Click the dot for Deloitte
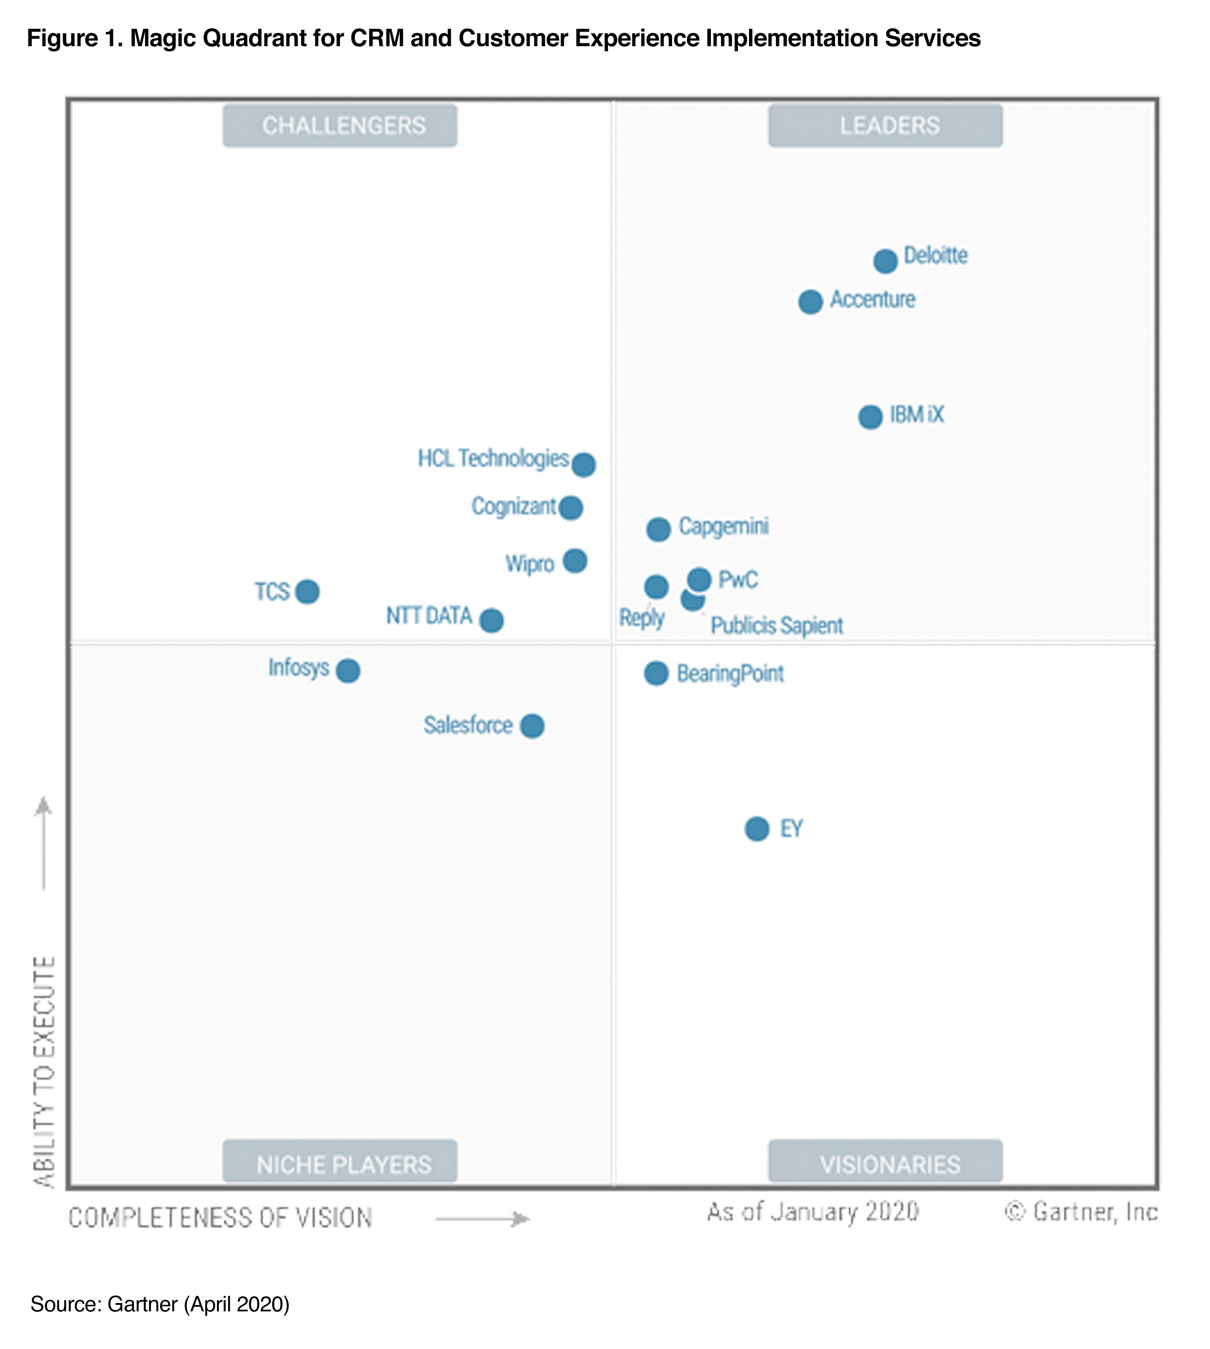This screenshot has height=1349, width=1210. pyautogui.click(x=885, y=261)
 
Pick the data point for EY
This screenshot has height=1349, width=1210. pyautogui.click(x=756, y=829)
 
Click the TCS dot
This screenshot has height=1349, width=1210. pyautogui.click(x=307, y=591)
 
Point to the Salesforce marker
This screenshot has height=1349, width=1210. pyautogui.click(x=532, y=726)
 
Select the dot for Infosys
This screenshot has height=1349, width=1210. pyautogui.click(x=348, y=671)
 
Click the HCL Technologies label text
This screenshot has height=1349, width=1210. pyautogui.click(x=493, y=459)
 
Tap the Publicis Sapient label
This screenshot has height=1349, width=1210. pyautogui.click(x=777, y=626)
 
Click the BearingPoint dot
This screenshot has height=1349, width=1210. pyautogui.click(x=656, y=673)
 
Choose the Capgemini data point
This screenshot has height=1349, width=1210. pyautogui.click(x=658, y=530)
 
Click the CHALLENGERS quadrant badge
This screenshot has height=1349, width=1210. pyautogui.click(x=340, y=126)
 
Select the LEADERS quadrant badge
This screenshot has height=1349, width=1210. pyautogui.click(x=886, y=126)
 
